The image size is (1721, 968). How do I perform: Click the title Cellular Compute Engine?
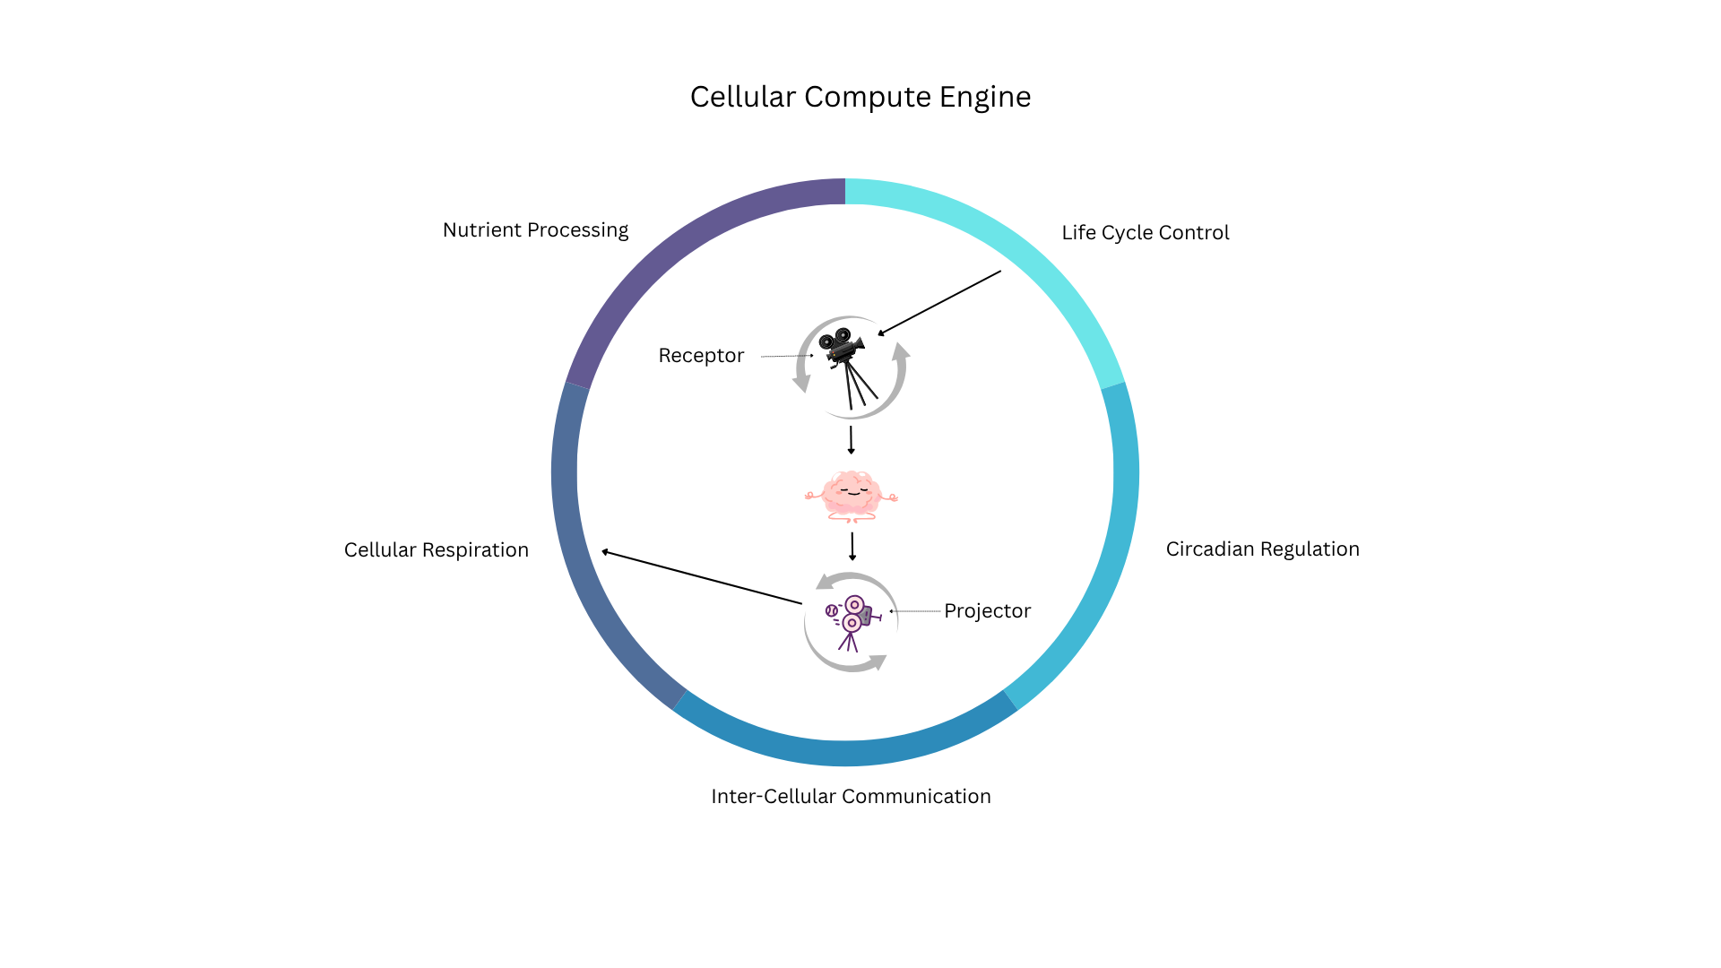coord(860,97)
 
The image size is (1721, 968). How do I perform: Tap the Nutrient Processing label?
coord(535,230)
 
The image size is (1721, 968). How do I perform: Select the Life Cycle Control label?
coord(1145,233)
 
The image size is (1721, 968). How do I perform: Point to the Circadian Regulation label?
coord(1262,549)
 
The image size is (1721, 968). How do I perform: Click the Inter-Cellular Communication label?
coord(851,797)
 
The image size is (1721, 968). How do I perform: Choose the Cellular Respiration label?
coord(436,550)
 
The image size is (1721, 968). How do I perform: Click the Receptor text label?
coord(701,356)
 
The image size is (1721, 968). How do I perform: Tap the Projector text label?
coord(987,611)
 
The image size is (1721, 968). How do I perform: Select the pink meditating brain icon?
coord(851,496)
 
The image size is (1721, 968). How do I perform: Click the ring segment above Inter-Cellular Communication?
coord(845,752)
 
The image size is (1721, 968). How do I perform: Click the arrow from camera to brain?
coord(851,440)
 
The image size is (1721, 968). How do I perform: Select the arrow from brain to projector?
coord(852,546)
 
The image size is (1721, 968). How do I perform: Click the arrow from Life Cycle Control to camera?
coord(939,303)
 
